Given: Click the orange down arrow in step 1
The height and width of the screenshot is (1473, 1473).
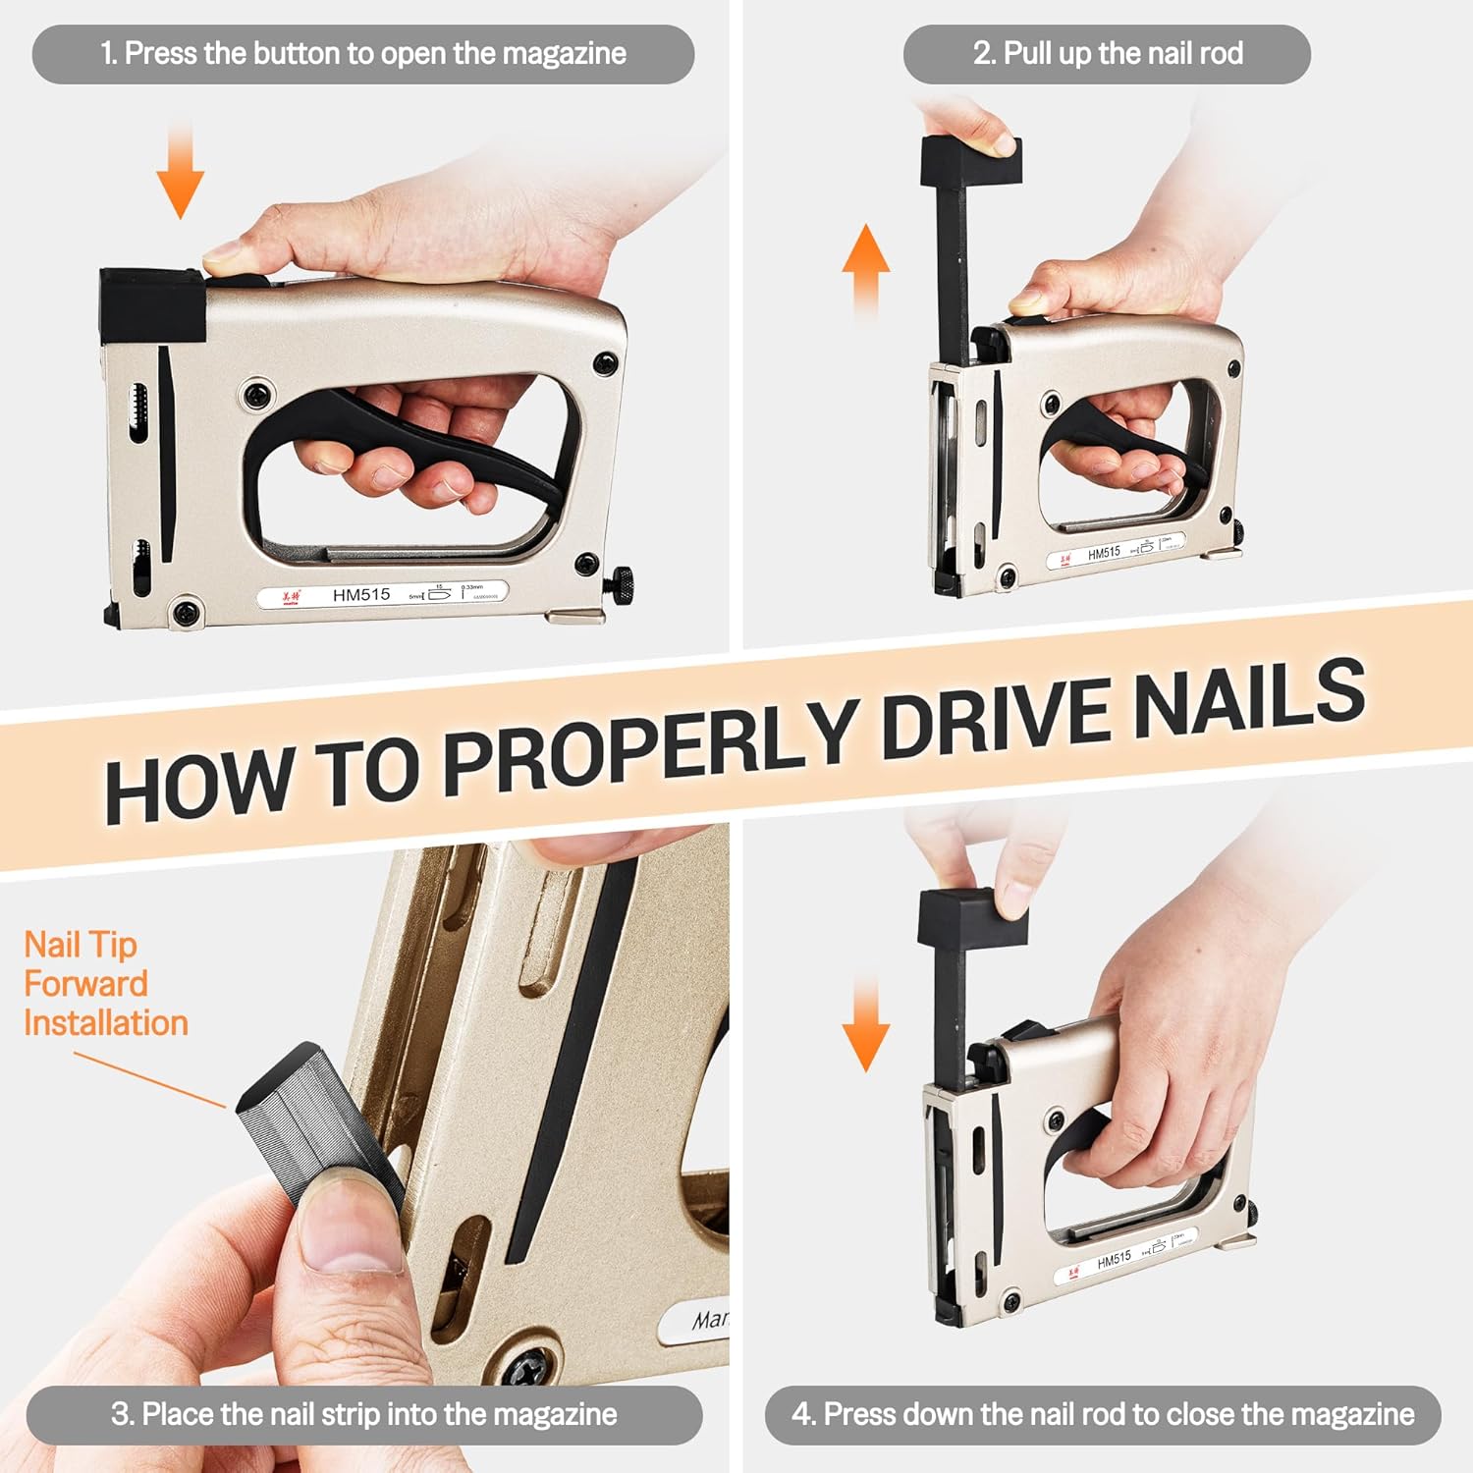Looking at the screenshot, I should click(181, 177).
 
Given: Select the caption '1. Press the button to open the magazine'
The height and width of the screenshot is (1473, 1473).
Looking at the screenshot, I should click(363, 53).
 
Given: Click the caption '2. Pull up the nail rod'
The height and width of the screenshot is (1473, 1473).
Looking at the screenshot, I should click(1108, 53).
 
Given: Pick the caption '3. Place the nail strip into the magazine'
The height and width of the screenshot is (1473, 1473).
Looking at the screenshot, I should click(364, 1414).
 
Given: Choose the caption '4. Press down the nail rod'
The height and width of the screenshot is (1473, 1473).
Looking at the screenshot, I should click(1103, 1414).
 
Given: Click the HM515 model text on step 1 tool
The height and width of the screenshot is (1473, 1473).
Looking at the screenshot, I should click(360, 595).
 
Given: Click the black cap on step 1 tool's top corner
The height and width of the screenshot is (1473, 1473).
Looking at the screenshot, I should click(152, 305).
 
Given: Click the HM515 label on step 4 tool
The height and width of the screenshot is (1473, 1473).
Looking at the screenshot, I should click(1114, 1260).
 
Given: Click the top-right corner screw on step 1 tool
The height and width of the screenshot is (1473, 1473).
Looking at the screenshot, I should click(605, 364).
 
